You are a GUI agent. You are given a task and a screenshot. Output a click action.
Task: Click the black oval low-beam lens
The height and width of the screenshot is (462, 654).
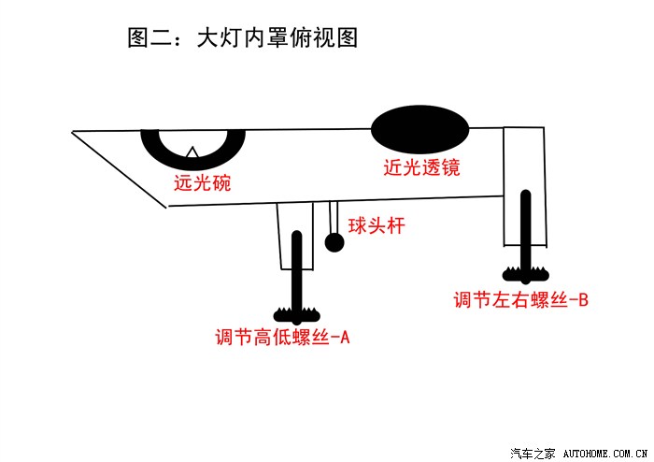point(420,128)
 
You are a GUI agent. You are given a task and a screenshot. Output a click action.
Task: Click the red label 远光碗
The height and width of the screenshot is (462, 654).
point(202,183)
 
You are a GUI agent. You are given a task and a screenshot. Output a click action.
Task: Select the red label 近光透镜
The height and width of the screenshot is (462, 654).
point(421,169)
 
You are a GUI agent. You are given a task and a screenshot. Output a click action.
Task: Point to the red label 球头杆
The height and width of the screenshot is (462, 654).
point(377,225)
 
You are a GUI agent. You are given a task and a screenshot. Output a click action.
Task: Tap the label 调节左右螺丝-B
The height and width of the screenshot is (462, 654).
point(520,300)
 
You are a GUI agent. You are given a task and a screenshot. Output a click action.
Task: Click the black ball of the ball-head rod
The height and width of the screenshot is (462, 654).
point(334,243)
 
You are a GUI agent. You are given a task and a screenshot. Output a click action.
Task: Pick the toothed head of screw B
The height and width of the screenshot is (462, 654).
point(527,274)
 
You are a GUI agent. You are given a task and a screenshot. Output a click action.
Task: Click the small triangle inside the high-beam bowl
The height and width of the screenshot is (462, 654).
point(192,151)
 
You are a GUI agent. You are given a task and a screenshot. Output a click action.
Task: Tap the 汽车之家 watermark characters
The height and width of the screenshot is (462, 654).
point(536,454)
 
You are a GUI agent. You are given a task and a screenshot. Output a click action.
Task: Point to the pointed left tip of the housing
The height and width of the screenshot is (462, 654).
point(74,132)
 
